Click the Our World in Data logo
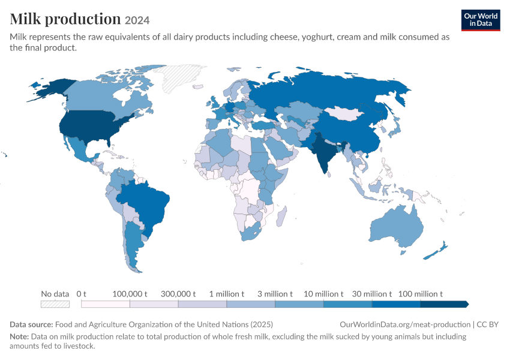coord(481,20)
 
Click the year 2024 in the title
coord(137,20)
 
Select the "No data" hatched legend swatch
coord(55,304)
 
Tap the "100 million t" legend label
coord(420,294)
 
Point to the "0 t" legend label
coord(82,294)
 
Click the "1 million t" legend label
coord(226,294)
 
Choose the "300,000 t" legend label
coord(178,294)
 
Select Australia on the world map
coord(397,227)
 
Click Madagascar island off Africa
coord(281,217)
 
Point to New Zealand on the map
coord(436,251)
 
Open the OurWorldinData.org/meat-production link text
coord(405,324)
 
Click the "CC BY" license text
coord(488,324)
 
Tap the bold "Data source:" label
coord(31,324)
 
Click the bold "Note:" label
coord(19,336)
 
